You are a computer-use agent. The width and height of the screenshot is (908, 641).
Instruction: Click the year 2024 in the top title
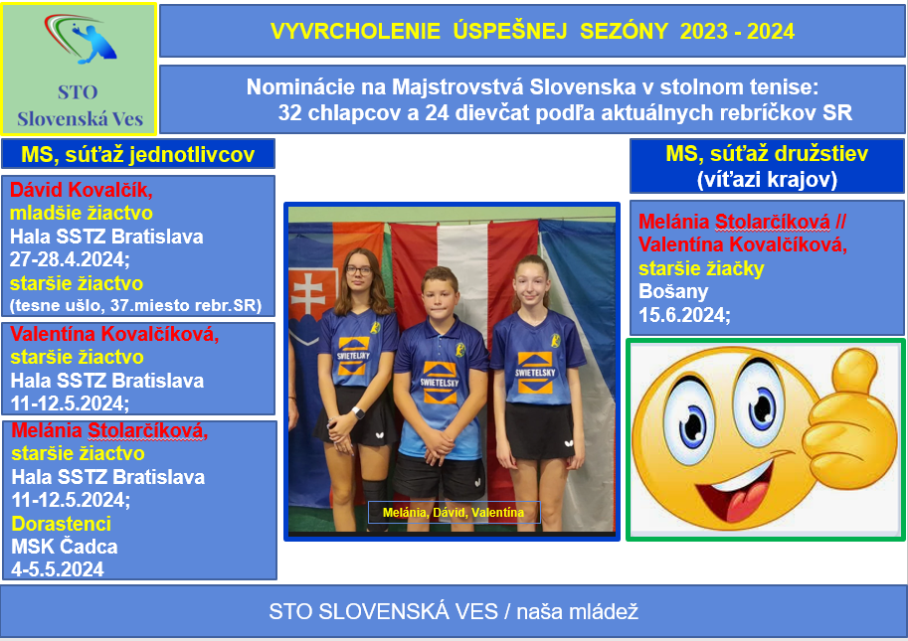pos(770,31)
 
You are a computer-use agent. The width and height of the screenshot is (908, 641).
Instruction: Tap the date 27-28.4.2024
pos(70,259)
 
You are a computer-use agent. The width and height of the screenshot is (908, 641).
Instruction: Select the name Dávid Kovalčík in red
pos(82,189)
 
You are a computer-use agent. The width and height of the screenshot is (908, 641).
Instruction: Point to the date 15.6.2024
pos(684,315)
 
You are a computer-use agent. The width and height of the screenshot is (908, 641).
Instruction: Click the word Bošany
pos(673,291)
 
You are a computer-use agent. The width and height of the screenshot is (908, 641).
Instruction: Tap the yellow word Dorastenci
pos(62,524)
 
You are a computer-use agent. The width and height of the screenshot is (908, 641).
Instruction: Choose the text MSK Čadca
pos(65,547)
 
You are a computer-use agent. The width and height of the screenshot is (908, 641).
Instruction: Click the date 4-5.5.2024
pos(58,569)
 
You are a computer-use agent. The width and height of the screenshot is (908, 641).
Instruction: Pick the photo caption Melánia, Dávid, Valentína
pos(454,513)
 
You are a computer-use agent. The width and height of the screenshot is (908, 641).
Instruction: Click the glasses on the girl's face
pos(359,269)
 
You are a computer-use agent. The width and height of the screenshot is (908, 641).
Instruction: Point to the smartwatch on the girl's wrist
pos(358,413)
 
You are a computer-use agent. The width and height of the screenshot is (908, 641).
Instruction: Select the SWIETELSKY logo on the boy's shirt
pos(440,383)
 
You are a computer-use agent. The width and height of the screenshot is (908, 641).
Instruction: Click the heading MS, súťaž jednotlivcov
pos(138,154)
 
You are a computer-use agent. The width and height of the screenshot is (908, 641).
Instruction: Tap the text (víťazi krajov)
pos(768,179)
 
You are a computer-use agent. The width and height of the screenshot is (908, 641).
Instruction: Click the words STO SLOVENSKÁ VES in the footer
pos(383,611)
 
